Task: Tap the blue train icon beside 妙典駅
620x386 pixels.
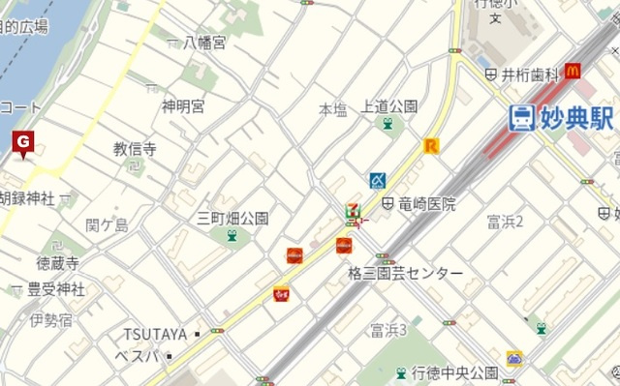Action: tap(521, 118)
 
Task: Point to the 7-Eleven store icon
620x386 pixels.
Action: tap(353, 209)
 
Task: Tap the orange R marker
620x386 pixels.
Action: tap(431, 146)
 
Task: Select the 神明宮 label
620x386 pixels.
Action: tap(183, 105)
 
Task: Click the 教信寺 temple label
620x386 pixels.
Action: tap(135, 149)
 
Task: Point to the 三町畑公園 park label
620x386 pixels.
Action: tap(232, 218)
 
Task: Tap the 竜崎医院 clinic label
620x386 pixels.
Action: tap(424, 204)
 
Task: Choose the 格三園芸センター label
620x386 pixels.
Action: tap(405, 274)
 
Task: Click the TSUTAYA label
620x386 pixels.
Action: tap(154, 334)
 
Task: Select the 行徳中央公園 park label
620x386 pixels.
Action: tap(454, 372)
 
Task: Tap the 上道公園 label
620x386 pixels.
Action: tap(388, 105)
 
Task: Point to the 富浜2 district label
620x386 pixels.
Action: tap(505, 222)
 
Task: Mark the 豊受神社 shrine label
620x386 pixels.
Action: tap(55, 288)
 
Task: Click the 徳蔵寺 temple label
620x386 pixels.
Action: tap(58, 262)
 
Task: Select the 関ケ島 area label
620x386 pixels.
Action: tap(107, 225)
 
